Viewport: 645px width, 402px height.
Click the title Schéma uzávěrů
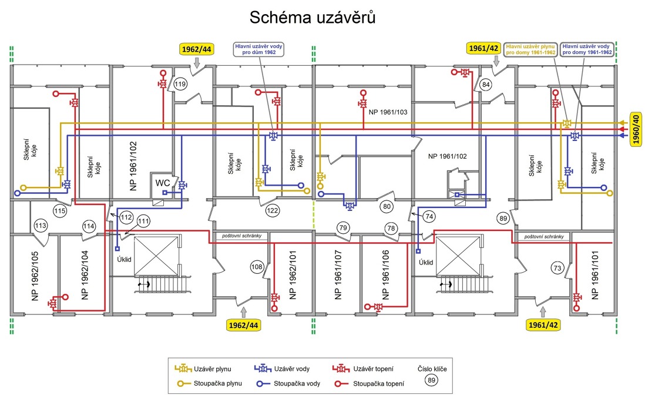click(x=313, y=18)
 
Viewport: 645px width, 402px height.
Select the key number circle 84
click(x=485, y=85)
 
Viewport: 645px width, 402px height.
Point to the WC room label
click(x=163, y=183)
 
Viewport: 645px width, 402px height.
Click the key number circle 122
click(x=272, y=210)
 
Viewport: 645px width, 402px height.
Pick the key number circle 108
click(x=257, y=267)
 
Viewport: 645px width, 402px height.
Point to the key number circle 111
click(x=143, y=221)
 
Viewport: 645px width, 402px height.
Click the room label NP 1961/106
click(x=385, y=274)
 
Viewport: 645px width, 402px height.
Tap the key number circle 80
click(x=387, y=207)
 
